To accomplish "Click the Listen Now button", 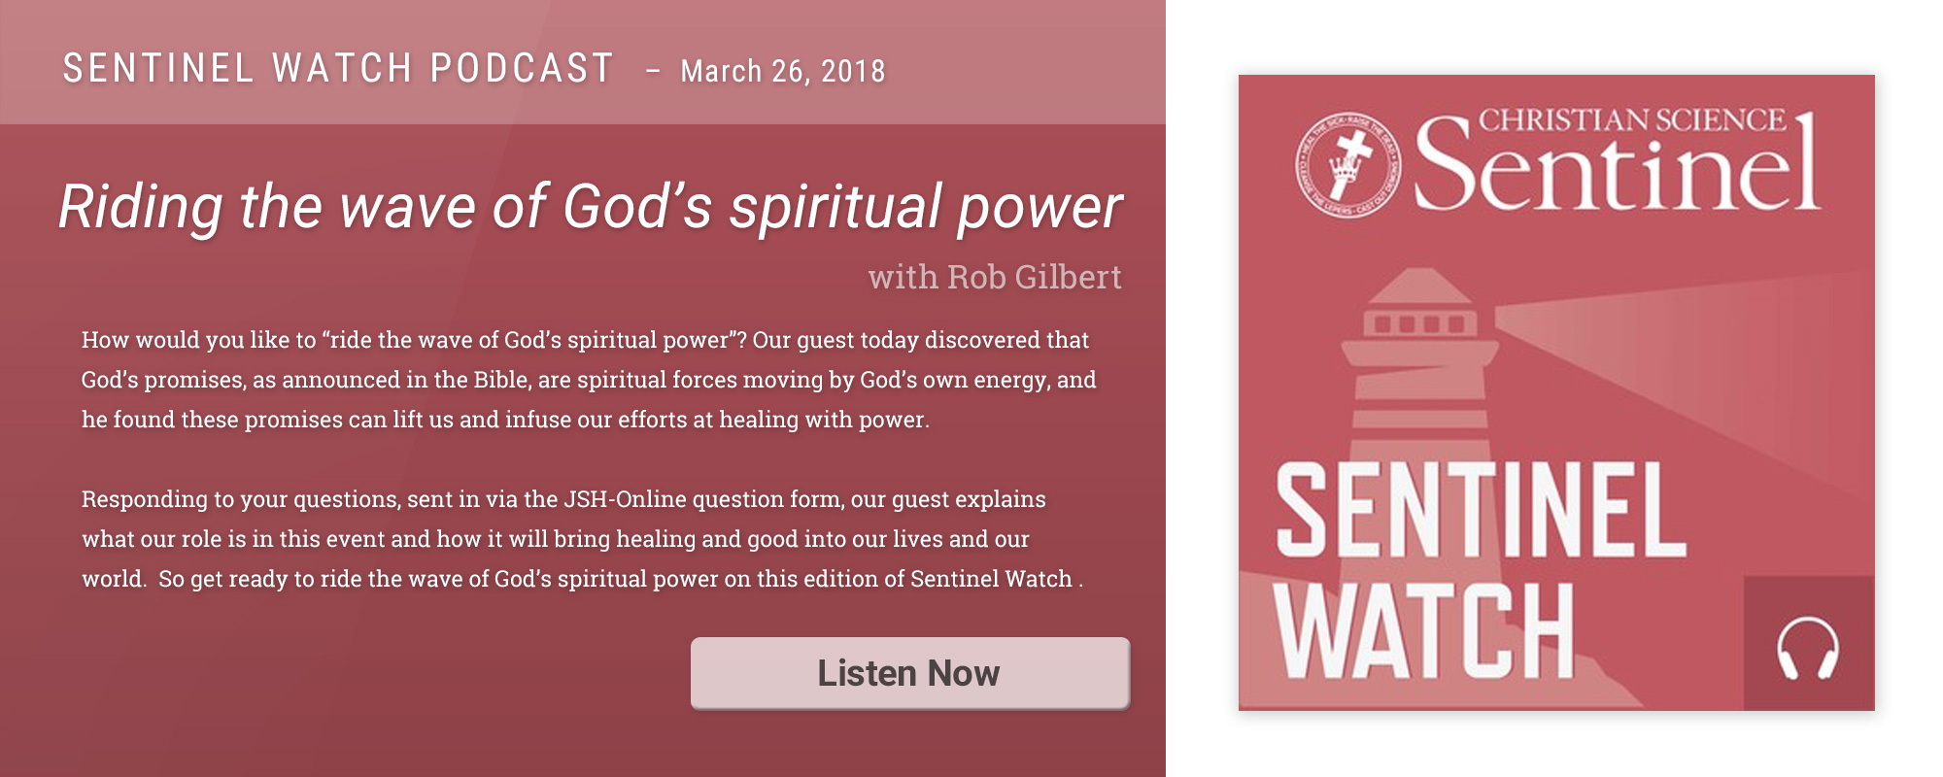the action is [x=910, y=673].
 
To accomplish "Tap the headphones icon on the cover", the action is [x=1808, y=648].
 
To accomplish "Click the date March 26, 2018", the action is [x=783, y=71].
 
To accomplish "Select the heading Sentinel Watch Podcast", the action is [x=338, y=68].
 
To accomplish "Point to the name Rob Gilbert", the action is [x=1034, y=277].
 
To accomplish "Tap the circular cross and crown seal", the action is [x=1348, y=163].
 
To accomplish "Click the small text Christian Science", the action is [x=1632, y=119].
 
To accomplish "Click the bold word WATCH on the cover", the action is [x=1424, y=630].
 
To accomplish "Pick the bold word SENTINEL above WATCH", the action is [x=1481, y=509].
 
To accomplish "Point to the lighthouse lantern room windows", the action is [x=1419, y=323].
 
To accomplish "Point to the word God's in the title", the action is [x=637, y=206].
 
